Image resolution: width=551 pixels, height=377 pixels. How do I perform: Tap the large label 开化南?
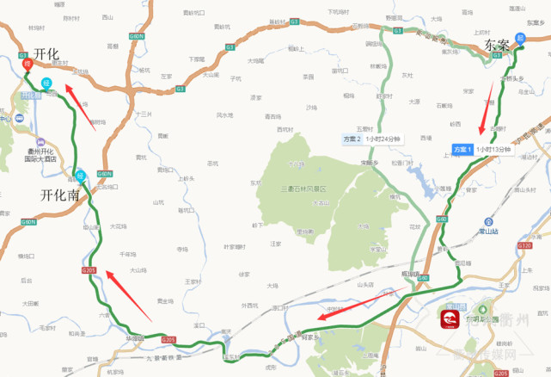(60, 195)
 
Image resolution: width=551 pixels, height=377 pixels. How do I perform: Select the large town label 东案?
(498, 44)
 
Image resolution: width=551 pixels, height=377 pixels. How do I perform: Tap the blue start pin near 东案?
(520, 39)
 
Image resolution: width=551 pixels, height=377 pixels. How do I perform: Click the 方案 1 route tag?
(462, 150)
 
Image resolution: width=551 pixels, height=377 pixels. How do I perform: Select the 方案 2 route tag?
(350, 138)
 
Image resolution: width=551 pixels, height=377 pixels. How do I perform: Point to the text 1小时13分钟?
(493, 150)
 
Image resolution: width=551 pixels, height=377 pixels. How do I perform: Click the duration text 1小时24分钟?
(383, 138)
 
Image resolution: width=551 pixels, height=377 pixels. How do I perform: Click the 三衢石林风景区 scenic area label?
(305, 187)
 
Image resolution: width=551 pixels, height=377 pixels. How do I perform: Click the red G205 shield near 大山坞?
(89, 270)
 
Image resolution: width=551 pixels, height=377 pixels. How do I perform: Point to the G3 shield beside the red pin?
(23, 55)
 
